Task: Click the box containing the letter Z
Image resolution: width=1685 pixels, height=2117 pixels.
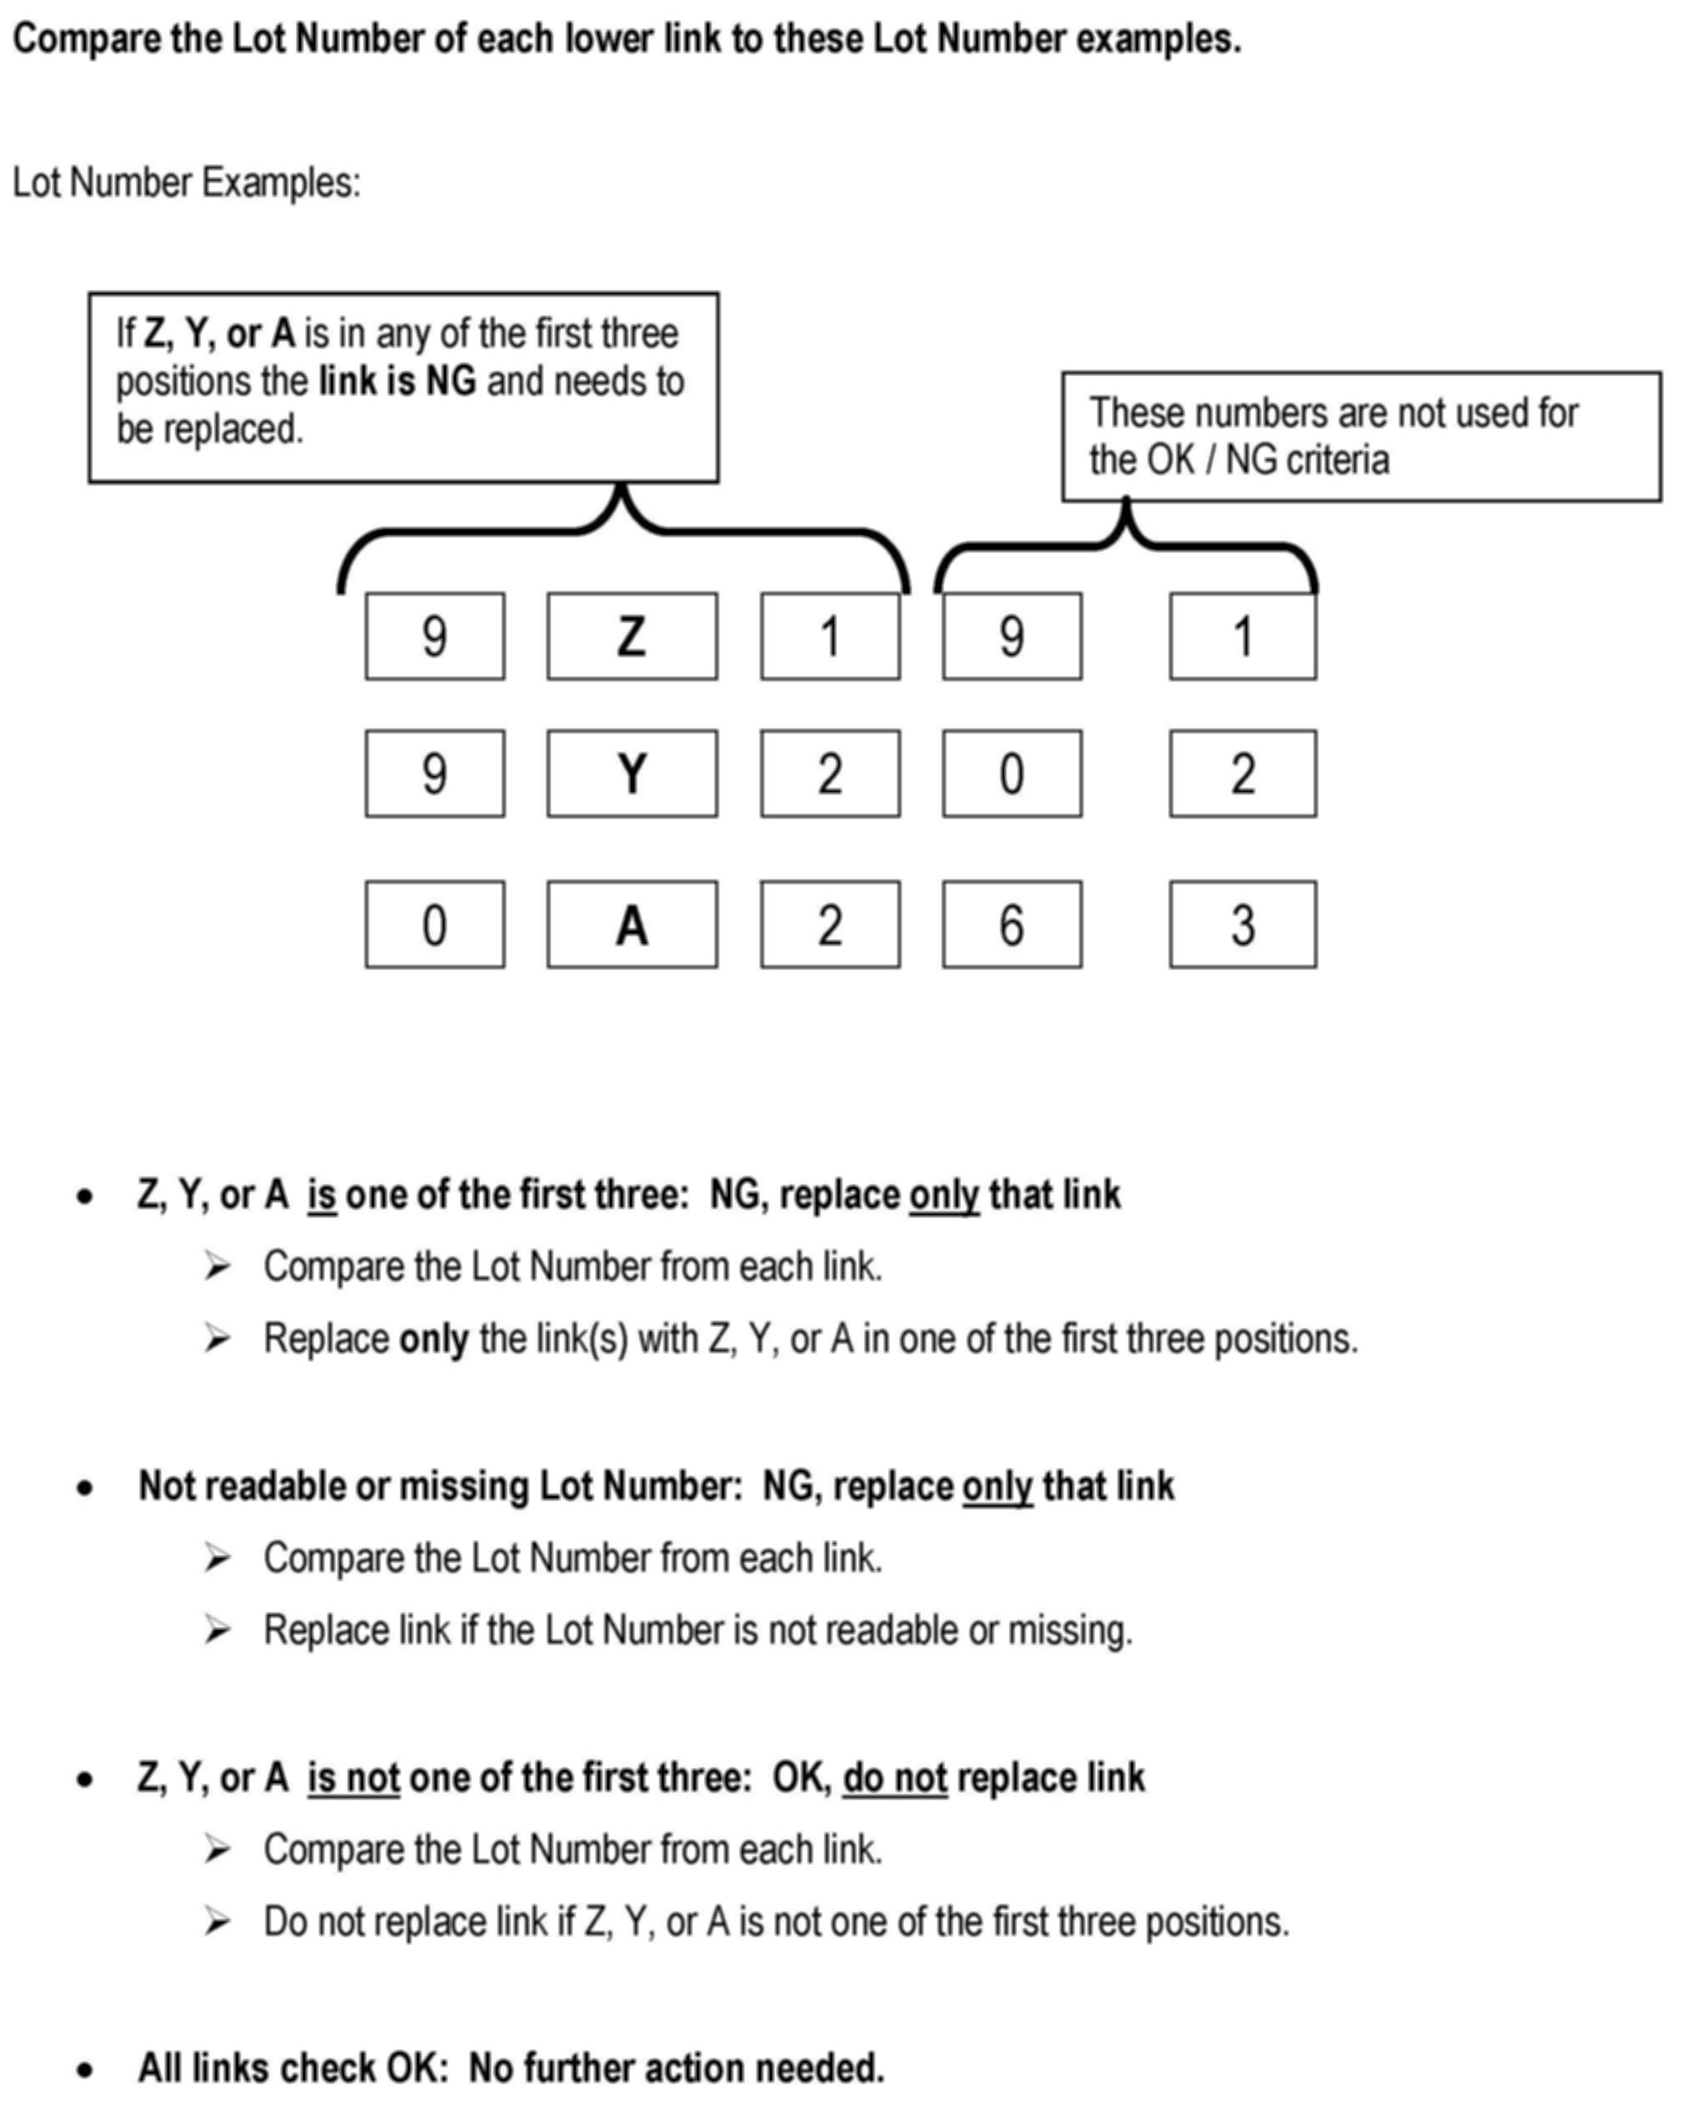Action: pos(632,637)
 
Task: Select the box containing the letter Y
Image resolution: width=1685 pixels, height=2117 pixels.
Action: pos(632,774)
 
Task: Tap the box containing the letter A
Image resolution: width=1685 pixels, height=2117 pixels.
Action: pos(632,925)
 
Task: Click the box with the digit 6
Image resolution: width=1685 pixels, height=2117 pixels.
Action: pos(1011,925)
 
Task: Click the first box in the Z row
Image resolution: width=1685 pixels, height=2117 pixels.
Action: pos(435,637)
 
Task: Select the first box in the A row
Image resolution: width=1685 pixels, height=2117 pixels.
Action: pos(435,925)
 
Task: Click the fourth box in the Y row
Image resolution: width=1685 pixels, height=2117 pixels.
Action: pos(1011,774)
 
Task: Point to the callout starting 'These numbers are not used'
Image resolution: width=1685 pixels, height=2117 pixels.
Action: pos(1361,437)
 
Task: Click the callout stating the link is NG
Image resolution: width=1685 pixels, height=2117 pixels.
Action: pos(402,387)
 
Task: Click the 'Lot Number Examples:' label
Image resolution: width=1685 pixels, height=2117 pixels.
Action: pos(187,183)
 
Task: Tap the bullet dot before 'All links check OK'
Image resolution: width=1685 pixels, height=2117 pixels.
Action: pos(85,2070)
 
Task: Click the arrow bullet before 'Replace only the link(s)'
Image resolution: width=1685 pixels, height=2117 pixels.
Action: pos(217,1339)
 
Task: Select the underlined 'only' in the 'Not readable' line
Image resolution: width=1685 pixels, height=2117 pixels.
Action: pos(996,1487)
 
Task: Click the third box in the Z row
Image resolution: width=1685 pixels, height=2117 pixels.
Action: pos(830,637)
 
